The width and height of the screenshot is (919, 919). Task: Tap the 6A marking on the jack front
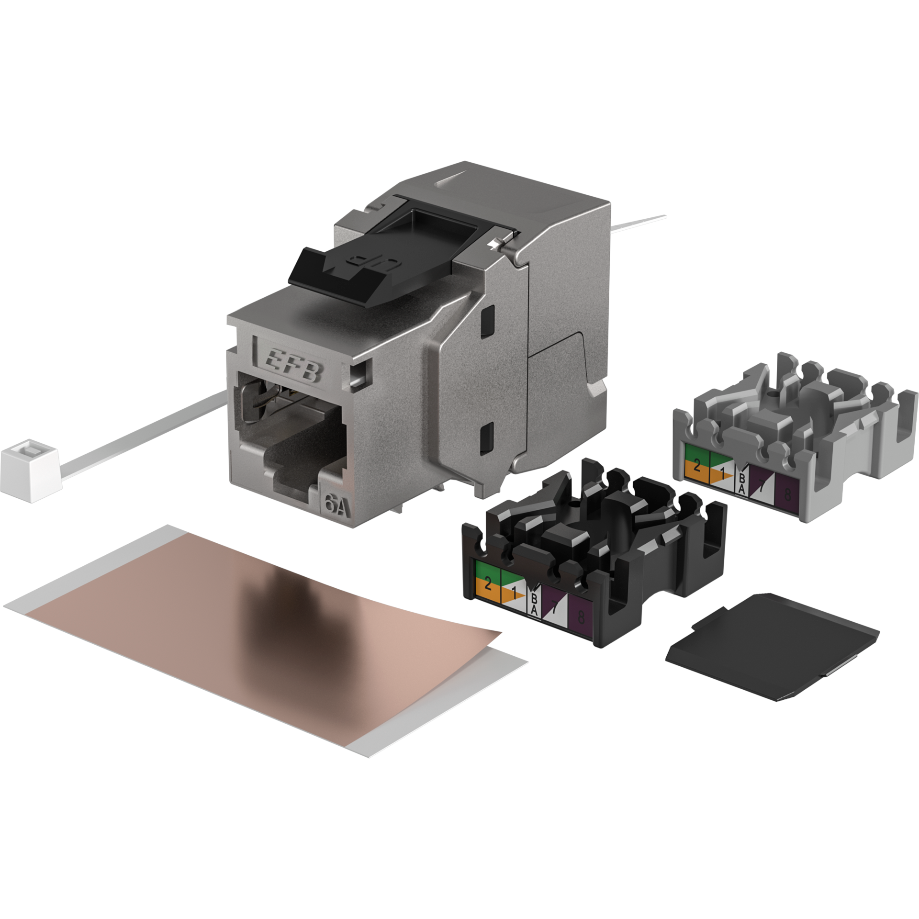click(x=337, y=504)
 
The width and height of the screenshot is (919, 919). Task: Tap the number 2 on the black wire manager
click(x=488, y=583)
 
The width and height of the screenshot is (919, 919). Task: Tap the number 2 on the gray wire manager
click(x=697, y=465)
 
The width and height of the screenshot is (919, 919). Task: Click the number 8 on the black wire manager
click(x=582, y=617)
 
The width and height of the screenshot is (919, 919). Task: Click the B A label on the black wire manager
click(x=534, y=605)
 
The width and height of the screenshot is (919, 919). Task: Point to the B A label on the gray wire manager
click(x=742, y=483)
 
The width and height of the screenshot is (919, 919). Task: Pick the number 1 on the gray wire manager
click(x=722, y=474)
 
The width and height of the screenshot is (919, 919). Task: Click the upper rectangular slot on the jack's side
click(x=488, y=318)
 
